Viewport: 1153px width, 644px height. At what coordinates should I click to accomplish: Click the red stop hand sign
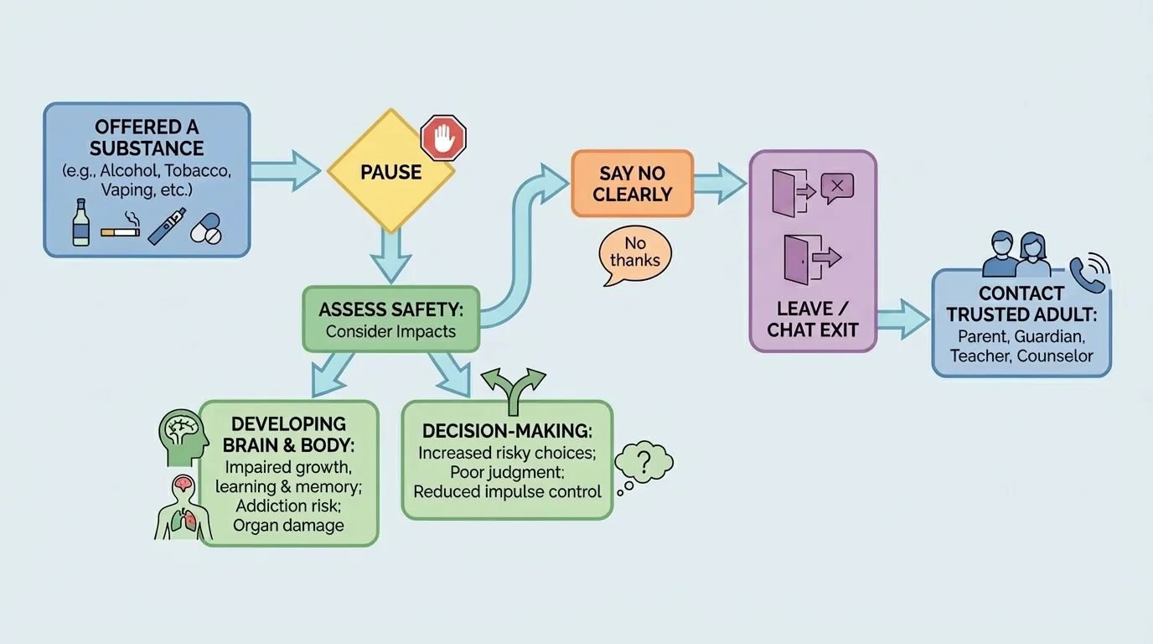coord(443,138)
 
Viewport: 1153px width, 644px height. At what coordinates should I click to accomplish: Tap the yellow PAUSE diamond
coord(390,173)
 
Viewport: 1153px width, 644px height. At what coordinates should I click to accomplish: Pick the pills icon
coord(206,228)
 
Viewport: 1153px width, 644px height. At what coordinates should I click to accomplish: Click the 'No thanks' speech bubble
coord(635,252)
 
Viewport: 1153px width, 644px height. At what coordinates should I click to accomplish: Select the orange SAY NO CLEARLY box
coord(633,184)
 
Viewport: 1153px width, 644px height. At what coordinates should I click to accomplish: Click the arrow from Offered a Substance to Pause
coord(285,171)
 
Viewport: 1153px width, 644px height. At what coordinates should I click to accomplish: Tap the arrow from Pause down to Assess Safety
coord(390,255)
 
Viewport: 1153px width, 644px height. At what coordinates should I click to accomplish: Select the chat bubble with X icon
coord(837,187)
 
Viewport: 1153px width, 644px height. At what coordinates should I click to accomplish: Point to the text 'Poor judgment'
coord(507,472)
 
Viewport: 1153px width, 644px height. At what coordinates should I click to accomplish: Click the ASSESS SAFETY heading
coord(390,309)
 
